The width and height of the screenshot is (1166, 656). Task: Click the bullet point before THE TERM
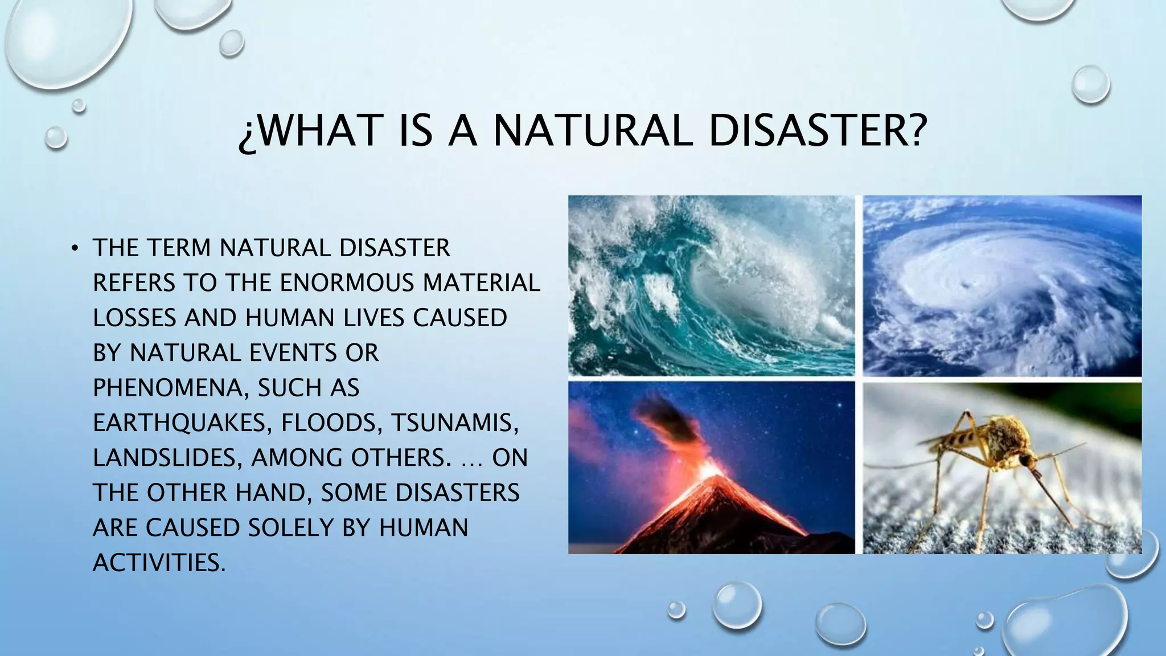[74, 248]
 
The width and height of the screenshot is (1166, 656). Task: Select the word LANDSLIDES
[163, 458]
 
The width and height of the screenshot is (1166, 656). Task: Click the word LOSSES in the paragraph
[134, 318]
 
